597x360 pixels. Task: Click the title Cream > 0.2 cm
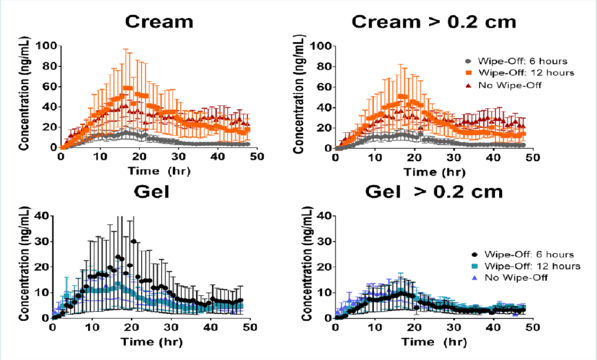(434, 21)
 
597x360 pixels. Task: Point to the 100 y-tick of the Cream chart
(47, 46)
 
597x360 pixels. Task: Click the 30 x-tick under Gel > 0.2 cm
(452, 328)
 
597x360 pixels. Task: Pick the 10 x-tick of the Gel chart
(92, 328)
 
